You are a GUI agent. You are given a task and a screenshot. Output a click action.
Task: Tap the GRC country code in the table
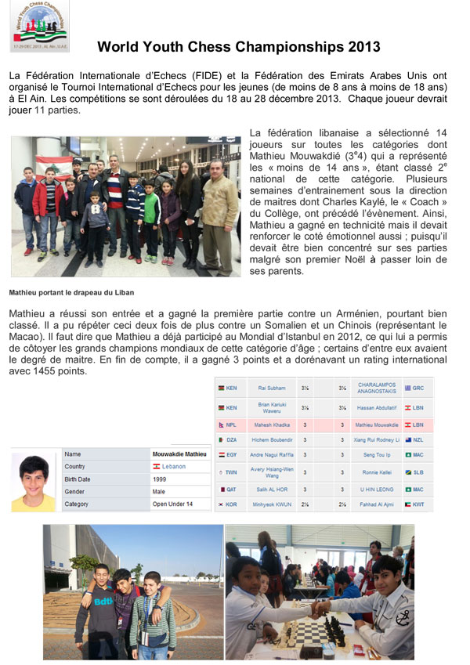(418, 387)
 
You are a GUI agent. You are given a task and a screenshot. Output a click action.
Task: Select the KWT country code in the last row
(418, 504)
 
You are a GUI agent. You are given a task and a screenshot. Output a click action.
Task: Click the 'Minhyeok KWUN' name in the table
(274, 504)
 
